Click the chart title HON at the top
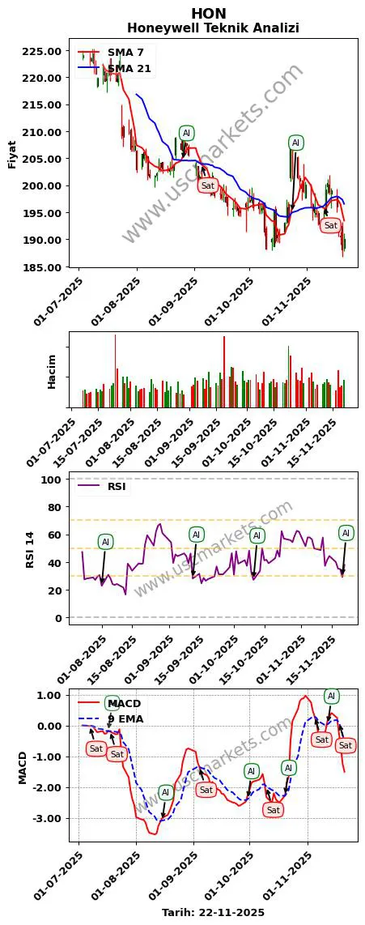[209, 13]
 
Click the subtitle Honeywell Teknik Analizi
[213, 28]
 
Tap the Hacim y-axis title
[52, 370]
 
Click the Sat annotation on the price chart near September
[208, 185]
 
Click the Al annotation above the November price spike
[295, 143]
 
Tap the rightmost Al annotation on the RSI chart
[346, 533]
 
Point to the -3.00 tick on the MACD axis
[49, 818]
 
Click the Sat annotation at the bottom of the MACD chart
[274, 810]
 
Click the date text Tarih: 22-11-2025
[213, 912]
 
